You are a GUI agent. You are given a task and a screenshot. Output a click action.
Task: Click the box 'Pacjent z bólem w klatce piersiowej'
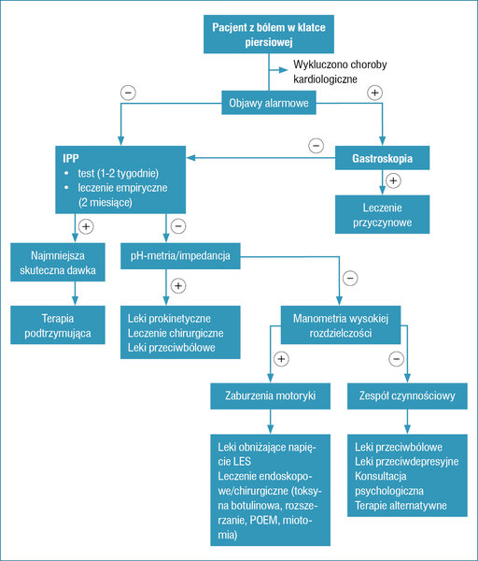(269, 35)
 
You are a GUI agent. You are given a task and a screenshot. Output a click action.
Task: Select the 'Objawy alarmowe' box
(269, 103)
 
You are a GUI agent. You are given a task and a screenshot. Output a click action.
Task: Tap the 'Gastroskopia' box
(382, 158)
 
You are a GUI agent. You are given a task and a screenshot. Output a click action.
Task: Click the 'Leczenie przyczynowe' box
(382, 215)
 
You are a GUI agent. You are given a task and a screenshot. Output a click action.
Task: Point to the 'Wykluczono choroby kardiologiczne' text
(340, 72)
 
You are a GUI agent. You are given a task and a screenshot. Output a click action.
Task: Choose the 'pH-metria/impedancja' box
(180, 256)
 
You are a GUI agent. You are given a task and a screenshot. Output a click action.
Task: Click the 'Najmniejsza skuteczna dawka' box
(58, 262)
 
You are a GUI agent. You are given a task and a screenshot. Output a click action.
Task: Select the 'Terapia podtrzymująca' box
(58, 325)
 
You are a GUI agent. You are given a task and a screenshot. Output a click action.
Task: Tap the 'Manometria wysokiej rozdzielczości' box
(341, 325)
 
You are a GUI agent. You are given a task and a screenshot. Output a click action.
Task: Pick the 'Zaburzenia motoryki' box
(270, 396)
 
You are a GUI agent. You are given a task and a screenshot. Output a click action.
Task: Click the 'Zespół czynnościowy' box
(407, 396)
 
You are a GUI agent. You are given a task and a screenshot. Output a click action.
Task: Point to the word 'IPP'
(71, 158)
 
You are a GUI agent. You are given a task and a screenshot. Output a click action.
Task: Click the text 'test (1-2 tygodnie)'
(119, 173)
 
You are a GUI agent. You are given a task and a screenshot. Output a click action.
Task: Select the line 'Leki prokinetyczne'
(169, 319)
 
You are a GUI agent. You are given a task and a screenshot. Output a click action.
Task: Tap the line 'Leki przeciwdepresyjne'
(406, 462)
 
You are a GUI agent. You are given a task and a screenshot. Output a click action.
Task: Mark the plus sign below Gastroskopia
(393, 180)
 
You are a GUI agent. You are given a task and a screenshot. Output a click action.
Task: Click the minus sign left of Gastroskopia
(316, 146)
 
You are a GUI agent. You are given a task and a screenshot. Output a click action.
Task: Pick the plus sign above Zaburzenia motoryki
(281, 359)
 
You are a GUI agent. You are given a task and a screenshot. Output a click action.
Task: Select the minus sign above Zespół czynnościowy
(396, 359)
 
